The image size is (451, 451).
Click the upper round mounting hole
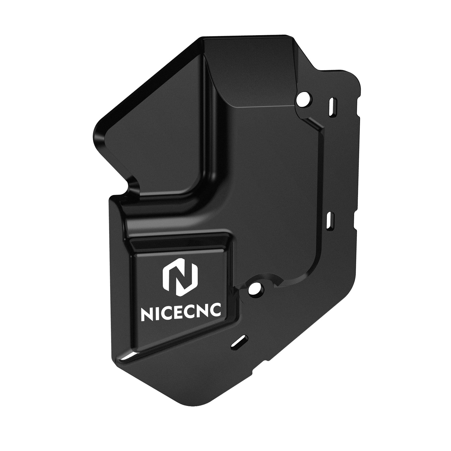(x=303, y=100)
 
